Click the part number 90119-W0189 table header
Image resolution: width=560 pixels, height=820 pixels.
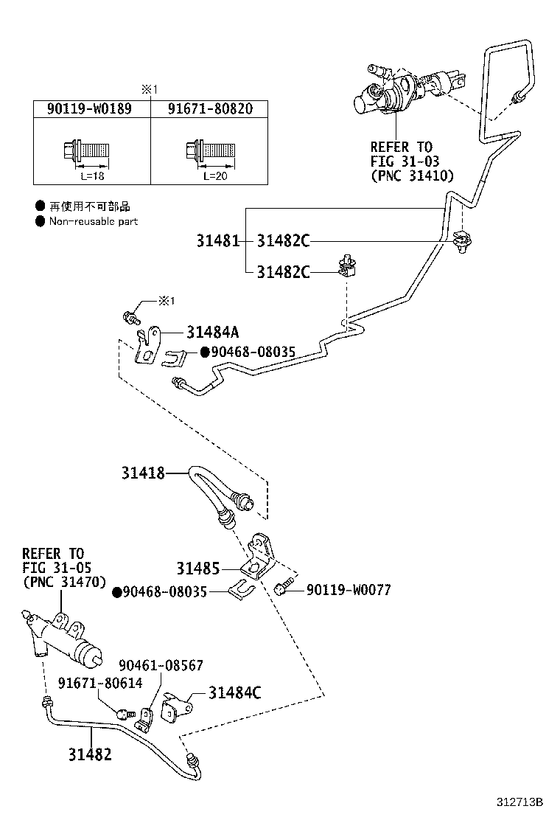[x=88, y=109]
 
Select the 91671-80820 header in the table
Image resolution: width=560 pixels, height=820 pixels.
[x=209, y=109]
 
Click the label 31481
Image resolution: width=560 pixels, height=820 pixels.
[x=217, y=241]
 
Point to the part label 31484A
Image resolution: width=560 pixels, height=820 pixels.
[x=212, y=333]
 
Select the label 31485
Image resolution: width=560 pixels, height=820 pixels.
[x=197, y=569]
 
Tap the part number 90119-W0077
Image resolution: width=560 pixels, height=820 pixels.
[x=349, y=590]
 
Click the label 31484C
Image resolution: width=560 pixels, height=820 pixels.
[x=234, y=692]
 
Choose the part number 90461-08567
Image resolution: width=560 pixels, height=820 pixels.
[x=161, y=665]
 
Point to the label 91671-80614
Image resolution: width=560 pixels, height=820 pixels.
[x=100, y=684]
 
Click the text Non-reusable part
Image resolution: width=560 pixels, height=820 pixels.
[x=93, y=221]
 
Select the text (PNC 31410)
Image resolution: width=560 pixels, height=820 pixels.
[x=412, y=176]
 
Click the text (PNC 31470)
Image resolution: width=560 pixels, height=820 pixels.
[x=64, y=581]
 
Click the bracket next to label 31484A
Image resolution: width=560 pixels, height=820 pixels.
[x=150, y=346]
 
